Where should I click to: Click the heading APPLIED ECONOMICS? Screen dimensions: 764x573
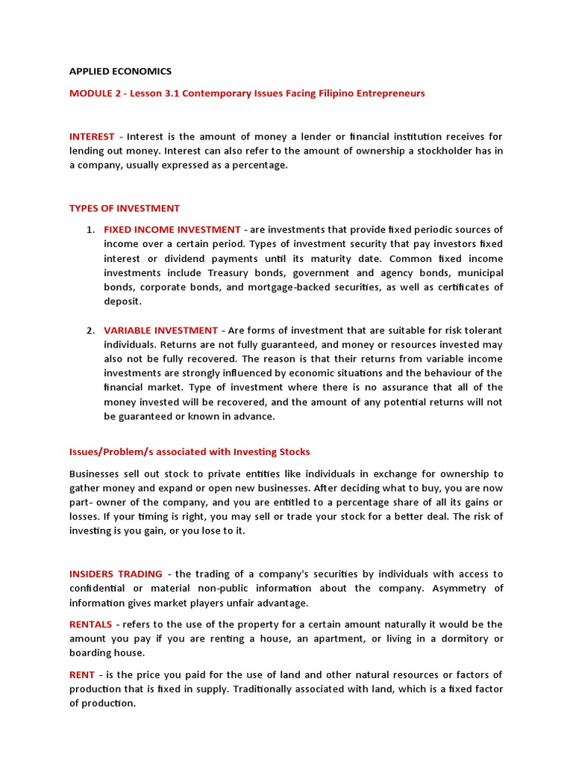[x=120, y=72]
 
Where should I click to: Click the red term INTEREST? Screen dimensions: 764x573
[x=92, y=137]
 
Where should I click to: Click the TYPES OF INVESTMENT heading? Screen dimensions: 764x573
[x=125, y=208]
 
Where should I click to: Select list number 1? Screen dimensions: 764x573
[x=90, y=230]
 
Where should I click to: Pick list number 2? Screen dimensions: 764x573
[x=90, y=331]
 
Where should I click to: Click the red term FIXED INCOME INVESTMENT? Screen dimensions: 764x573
[x=172, y=230]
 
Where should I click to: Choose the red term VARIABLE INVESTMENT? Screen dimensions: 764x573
[x=160, y=331]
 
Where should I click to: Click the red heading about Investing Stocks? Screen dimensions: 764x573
[x=190, y=452]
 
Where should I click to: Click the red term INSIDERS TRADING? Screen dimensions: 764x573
[x=116, y=574]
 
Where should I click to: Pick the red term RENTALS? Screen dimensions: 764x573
[x=90, y=624]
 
